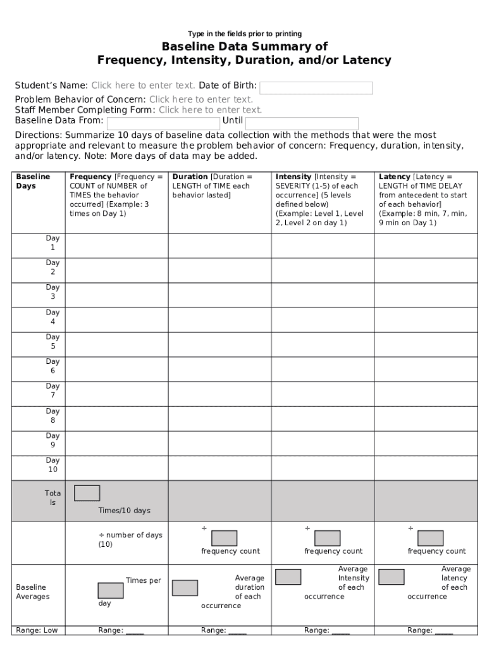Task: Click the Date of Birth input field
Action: point(316,88)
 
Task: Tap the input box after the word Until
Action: point(302,123)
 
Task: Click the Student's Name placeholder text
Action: point(143,85)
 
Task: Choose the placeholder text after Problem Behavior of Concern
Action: point(201,99)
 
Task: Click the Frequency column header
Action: point(116,195)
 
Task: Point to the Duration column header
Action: point(219,186)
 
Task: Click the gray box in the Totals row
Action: point(87,493)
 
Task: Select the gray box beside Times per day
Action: point(111,590)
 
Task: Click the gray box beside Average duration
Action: point(185,588)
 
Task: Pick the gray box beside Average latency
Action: point(391,577)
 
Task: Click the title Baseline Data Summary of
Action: point(244,47)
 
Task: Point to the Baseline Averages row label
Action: point(33,592)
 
